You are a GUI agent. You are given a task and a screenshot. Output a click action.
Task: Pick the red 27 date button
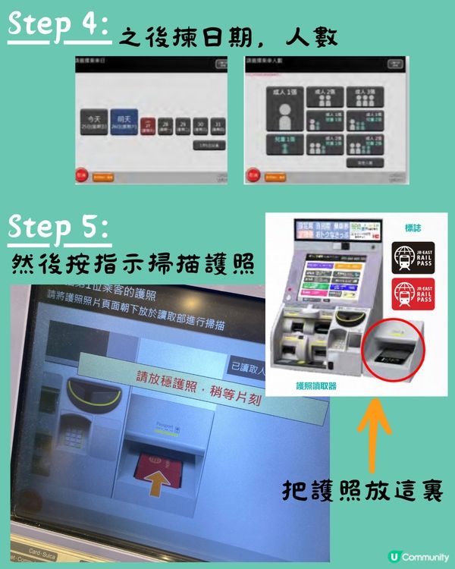point(149,125)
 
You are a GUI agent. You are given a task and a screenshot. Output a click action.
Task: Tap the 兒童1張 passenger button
point(285,144)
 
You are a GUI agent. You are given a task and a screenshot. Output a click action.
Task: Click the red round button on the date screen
point(81,176)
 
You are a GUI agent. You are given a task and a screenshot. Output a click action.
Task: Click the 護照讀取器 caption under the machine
point(315,385)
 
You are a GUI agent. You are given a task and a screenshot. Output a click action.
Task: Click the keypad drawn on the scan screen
point(76,433)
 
